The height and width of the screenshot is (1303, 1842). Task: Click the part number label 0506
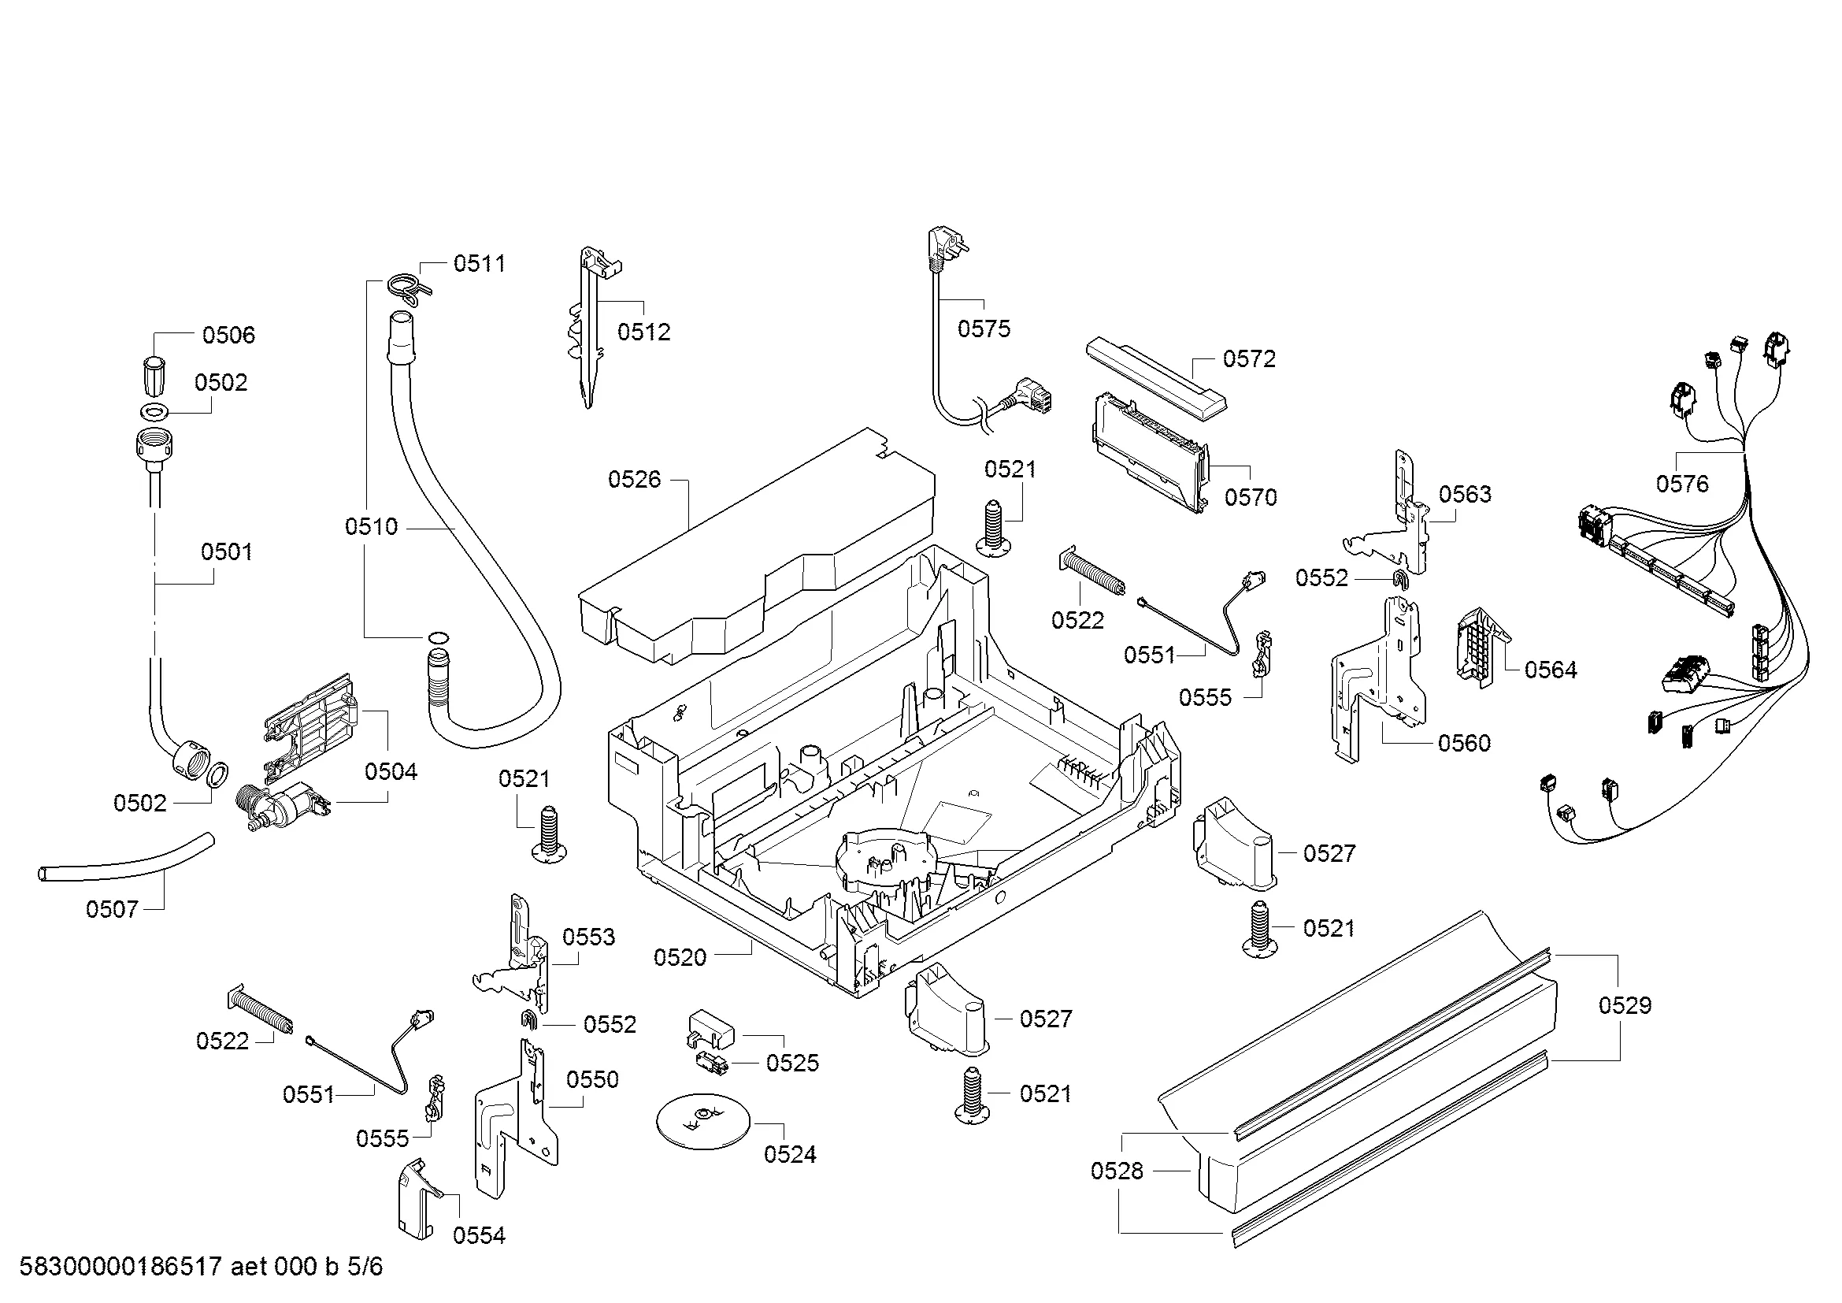tap(228, 335)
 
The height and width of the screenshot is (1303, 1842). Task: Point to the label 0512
tap(643, 332)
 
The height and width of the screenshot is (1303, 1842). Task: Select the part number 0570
tap(1250, 497)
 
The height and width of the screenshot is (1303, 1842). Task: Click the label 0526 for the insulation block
tap(634, 479)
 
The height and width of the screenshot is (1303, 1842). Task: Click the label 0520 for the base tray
tap(680, 957)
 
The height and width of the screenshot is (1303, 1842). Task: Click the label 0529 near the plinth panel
tap(1625, 1005)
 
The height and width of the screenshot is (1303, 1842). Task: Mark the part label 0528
tap(1116, 1171)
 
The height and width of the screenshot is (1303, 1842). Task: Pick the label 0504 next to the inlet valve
tap(391, 772)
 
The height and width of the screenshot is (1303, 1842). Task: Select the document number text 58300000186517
tap(120, 1267)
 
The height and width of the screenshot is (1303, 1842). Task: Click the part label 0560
tap(1463, 743)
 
